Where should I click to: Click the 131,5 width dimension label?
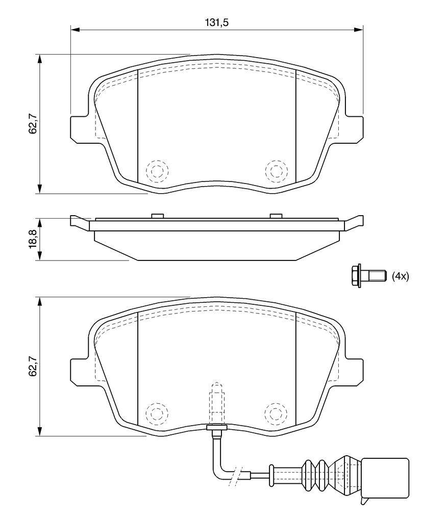pyautogui.click(x=216, y=22)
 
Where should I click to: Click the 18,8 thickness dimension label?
pyautogui.click(x=33, y=239)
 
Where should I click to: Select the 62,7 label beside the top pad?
pyautogui.click(x=33, y=123)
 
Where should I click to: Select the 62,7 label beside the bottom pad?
pyautogui.click(x=33, y=366)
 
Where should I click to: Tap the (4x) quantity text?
pyautogui.click(x=400, y=276)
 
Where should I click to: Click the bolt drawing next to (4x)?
pyautogui.click(x=369, y=276)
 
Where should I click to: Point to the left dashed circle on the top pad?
pyautogui.click(x=157, y=171)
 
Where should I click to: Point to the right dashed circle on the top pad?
pyautogui.click(x=277, y=171)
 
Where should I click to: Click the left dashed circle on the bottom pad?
pyautogui.click(x=157, y=413)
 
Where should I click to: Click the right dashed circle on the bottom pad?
pyautogui.click(x=277, y=413)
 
